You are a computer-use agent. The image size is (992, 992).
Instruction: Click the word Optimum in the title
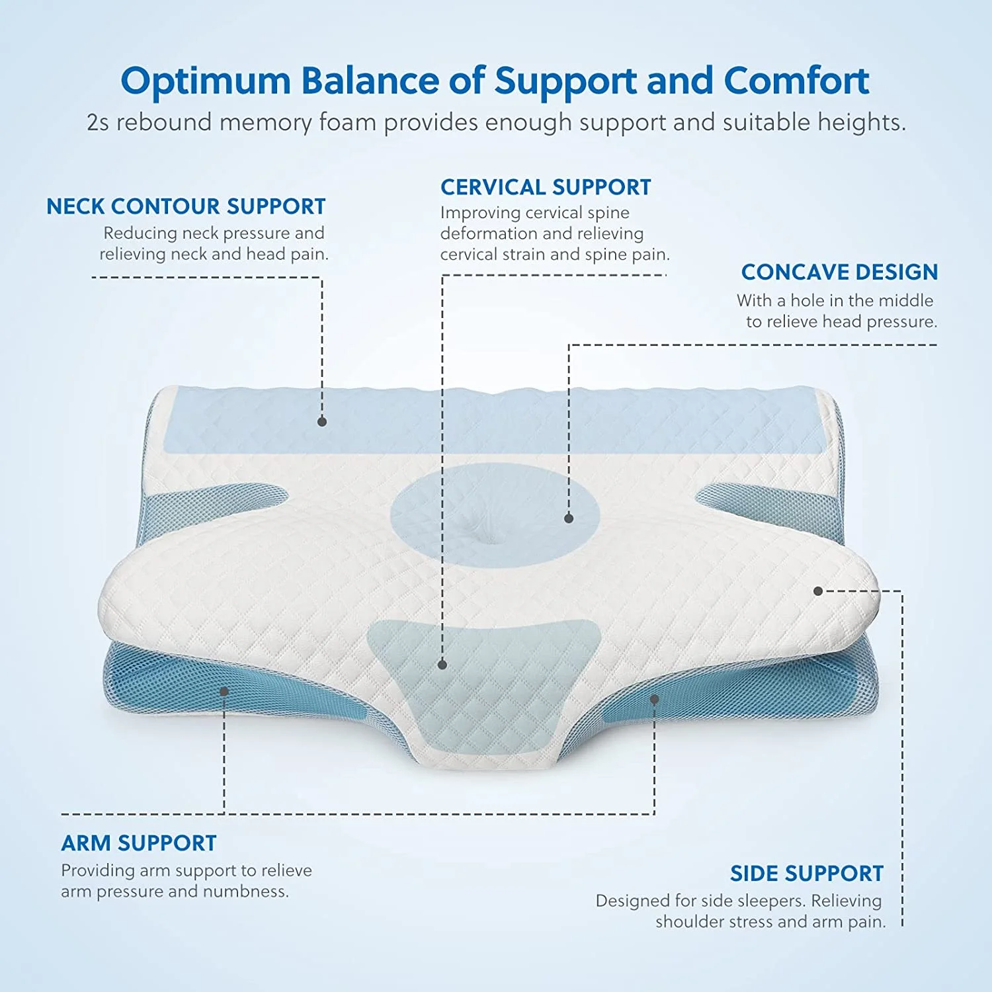coord(206,81)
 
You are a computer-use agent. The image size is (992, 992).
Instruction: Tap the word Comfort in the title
coord(796,81)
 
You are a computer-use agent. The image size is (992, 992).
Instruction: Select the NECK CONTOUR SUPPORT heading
coord(186,206)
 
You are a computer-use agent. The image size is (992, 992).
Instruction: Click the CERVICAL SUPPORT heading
coord(546,187)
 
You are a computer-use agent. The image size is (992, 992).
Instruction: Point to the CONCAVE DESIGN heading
coord(839,272)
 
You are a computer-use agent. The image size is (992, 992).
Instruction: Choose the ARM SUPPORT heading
coord(139,843)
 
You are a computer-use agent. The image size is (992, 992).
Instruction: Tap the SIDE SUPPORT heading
coord(807,874)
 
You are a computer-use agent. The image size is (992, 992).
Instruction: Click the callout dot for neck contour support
coord(322,421)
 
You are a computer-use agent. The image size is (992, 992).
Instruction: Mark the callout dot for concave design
coord(569,518)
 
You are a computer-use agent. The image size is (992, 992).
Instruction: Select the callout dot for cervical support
coord(442,665)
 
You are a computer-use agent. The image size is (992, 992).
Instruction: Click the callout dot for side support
coord(818,591)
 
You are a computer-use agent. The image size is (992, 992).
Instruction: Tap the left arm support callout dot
coord(224,691)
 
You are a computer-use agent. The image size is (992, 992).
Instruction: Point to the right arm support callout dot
coord(654,698)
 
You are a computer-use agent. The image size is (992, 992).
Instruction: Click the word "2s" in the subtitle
coord(98,123)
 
